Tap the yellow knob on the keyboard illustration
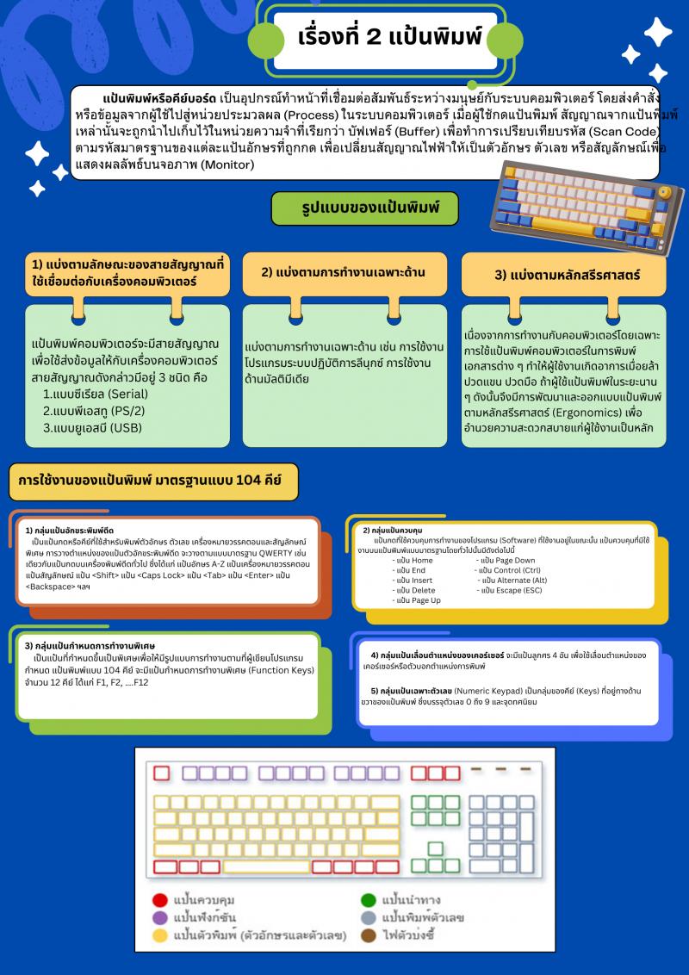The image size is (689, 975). pos(665,192)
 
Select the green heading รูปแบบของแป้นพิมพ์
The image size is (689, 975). pos(364,208)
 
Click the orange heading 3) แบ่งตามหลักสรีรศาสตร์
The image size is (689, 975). pos(563,275)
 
